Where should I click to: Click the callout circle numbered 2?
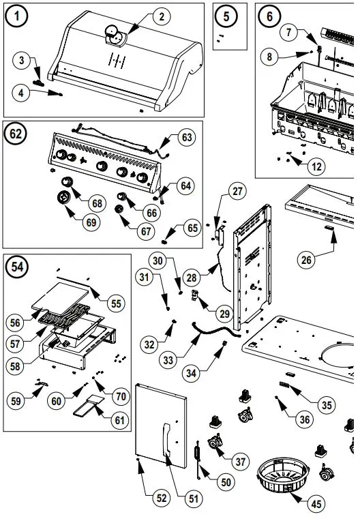162,16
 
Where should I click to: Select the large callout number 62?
16,134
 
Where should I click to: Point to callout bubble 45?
316,504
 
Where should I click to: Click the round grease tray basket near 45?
283,477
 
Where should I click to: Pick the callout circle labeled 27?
237,192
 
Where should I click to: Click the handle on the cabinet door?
166,439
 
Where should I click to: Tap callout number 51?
193,498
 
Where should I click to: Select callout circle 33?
168,359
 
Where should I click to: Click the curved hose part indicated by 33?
216,331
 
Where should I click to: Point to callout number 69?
91,222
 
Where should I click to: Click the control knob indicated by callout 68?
67,182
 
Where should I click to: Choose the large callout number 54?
17,267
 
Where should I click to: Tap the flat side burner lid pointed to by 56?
61,298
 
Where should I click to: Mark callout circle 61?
119,420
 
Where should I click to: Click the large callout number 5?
226,16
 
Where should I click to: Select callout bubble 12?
316,166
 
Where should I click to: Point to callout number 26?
306,260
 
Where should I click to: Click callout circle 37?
240,461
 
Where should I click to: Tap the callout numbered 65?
192,228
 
